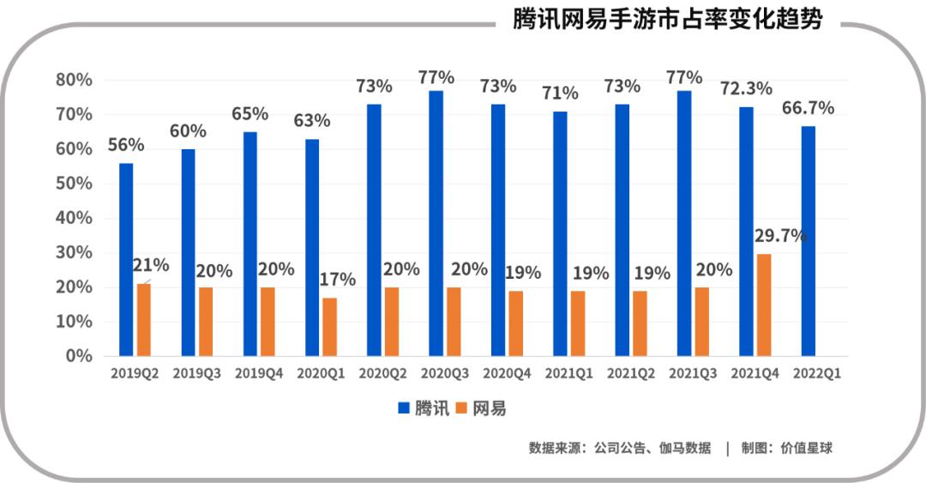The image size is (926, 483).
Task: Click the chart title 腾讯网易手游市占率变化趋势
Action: (x=667, y=19)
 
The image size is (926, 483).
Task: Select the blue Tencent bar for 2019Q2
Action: (x=126, y=259)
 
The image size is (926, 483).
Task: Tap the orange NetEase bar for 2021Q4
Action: (x=763, y=305)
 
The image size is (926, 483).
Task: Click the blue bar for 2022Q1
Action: (x=808, y=240)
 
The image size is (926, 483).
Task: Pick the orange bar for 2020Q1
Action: (x=329, y=326)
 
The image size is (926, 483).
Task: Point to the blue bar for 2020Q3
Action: (x=436, y=223)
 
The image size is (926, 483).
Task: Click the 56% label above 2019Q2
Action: (x=125, y=145)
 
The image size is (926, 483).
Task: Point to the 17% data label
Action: (x=337, y=280)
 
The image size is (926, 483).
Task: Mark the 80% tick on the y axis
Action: (x=74, y=80)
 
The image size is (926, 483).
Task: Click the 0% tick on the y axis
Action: (x=79, y=356)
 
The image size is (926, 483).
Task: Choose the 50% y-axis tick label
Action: (x=74, y=184)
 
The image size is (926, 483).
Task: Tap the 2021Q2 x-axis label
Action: (x=630, y=375)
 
